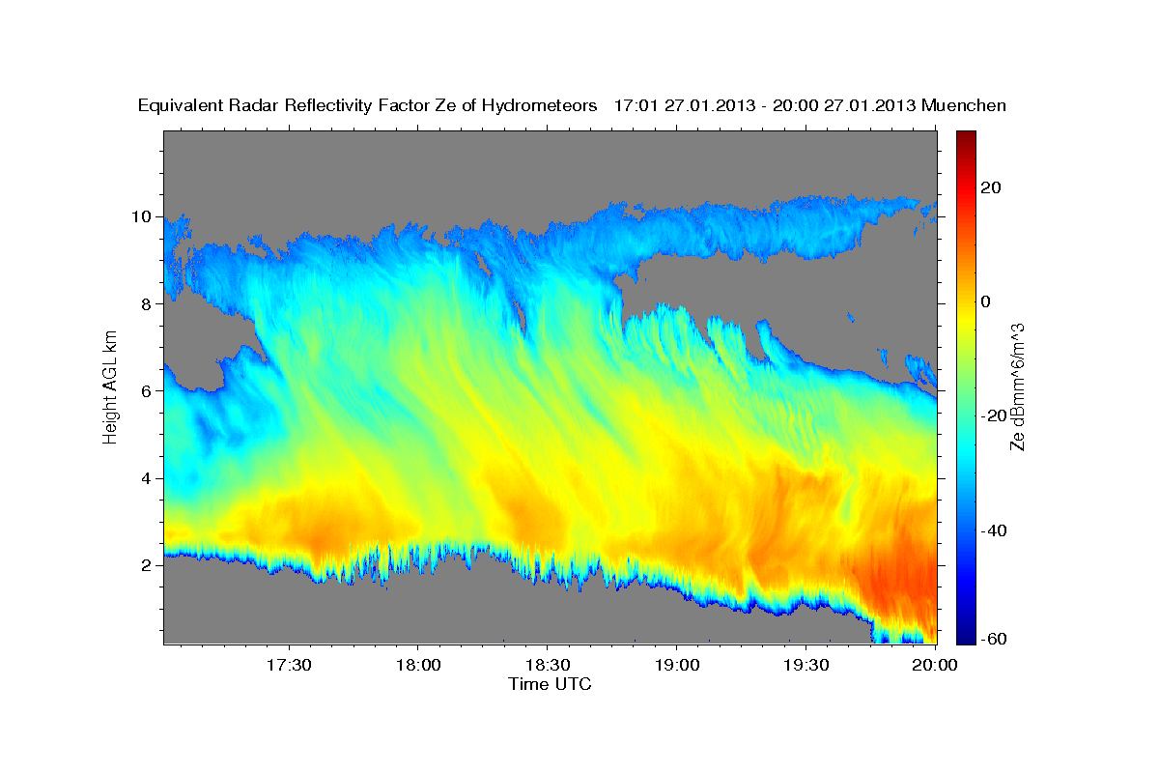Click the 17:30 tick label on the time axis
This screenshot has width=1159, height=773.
(289, 665)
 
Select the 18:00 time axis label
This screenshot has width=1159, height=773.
(418, 665)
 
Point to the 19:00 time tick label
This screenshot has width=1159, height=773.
(677, 665)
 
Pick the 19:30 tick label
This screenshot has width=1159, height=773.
(806, 665)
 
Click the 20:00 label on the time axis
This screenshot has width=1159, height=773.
(935, 665)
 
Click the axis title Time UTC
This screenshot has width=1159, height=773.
(550, 684)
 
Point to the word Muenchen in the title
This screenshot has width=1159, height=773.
(965, 105)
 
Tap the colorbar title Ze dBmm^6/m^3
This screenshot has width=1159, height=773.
(1018, 386)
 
